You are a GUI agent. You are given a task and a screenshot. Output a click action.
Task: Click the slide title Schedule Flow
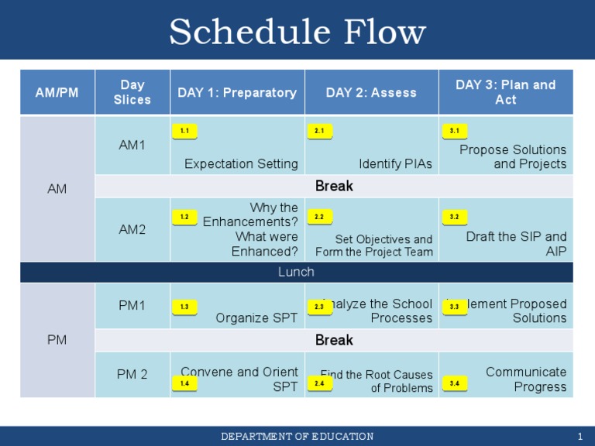pyautogui.click(x=297, y=33)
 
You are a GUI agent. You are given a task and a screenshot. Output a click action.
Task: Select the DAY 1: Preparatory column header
pyautogui.click(x=237, y=92)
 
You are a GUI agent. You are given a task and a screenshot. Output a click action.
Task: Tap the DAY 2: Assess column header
pyautogui.click(x=371, y=92)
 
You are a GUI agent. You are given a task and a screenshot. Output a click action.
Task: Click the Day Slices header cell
pyautogui.click(x=132, y=92)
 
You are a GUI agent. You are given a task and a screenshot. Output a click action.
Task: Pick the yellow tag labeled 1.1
pyautogui.click(x=184, y=132)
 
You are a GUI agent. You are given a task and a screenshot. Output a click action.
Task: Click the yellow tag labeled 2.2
pyautogui.click(x=319, y=217)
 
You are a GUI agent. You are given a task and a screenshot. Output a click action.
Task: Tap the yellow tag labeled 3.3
pyautogui.click(x=454, y=307)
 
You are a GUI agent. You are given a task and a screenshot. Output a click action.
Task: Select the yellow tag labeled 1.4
pyautogui.click(x=184, y=383)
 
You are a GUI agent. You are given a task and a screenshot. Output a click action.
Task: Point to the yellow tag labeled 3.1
pyautogui.click(x=454, y=132)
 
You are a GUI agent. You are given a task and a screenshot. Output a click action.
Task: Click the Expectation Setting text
pyautogui.click(x=241, y=163)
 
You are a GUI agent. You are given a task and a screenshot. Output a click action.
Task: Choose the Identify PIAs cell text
pyautogui.click(x=395, y=163)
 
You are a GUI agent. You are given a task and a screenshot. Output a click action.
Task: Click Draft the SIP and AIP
pyautogui.click(x=516, y=244)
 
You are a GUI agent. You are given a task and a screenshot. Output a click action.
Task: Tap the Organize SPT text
pyautogui.click(x=256, y=317)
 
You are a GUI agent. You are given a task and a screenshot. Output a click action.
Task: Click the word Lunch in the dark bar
pyautogui.click(x=296, y=272)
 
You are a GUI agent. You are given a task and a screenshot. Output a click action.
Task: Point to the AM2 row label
pyautogui.click(x=132, y=229)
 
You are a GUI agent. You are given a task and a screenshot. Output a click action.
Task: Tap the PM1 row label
pyautogui.click(x=132, y=306)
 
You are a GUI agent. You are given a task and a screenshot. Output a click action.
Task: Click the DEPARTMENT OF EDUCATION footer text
pyautogui.click(x=297, y=437)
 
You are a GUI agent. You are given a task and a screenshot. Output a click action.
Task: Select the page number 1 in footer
pyautogui.click(x=580, y=437)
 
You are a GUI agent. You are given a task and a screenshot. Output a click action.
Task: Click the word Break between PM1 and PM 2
pyautogui.click(x=334, y=340)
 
